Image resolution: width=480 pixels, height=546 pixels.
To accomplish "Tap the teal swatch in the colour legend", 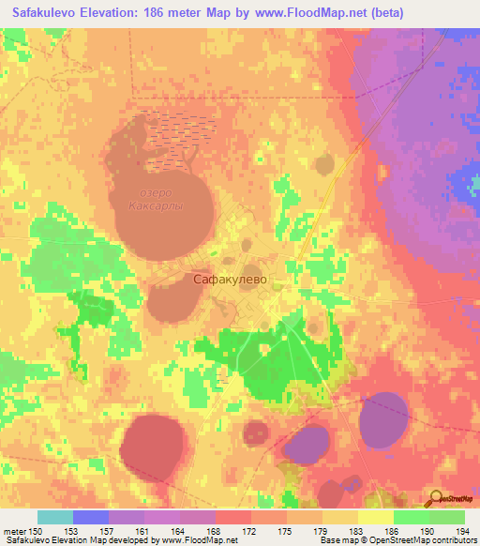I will click(55, 517).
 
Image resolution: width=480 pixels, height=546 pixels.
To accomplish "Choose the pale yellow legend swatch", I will click(374, 517).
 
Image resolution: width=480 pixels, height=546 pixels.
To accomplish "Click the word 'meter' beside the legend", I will click(13, 532).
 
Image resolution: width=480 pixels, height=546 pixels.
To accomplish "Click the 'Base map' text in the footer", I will click(337, 540).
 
